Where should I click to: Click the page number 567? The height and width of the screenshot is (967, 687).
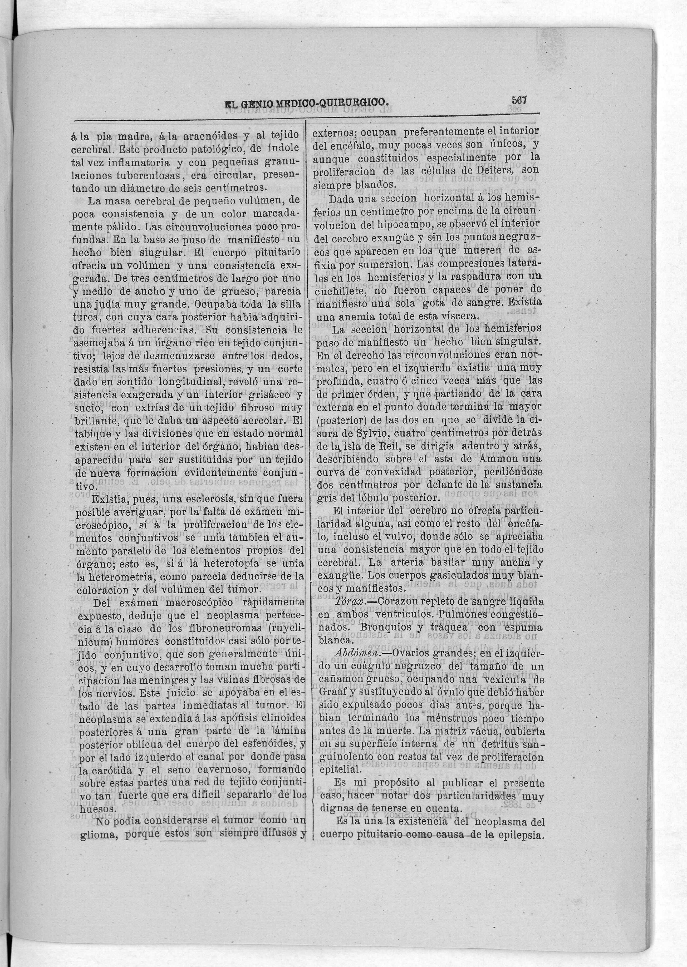(x=519, y=100)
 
